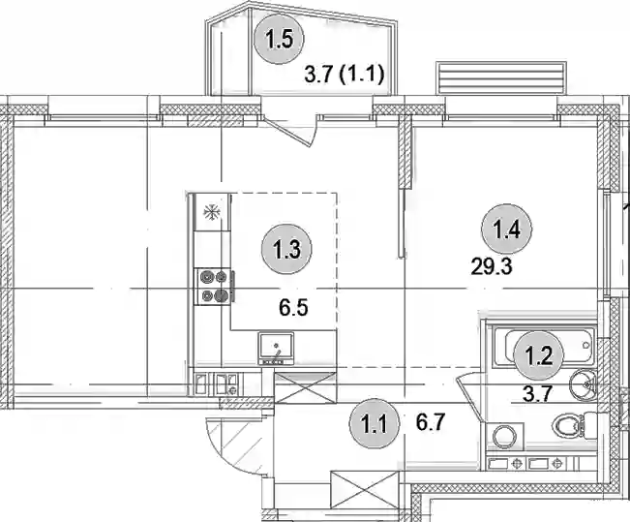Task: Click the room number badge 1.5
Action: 279,39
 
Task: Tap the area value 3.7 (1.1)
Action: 345,75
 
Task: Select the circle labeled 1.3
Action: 286,250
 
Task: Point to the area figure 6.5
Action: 293,308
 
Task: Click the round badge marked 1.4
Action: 507,230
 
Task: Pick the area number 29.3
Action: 492,266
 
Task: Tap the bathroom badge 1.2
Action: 539,355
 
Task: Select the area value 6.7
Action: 431,422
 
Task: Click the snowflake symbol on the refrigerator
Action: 211,212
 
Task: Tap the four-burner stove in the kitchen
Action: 214,287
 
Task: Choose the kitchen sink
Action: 276,349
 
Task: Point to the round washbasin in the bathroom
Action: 583,384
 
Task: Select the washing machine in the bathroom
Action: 504,437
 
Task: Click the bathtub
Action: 545,347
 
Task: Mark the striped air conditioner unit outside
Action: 502,77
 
